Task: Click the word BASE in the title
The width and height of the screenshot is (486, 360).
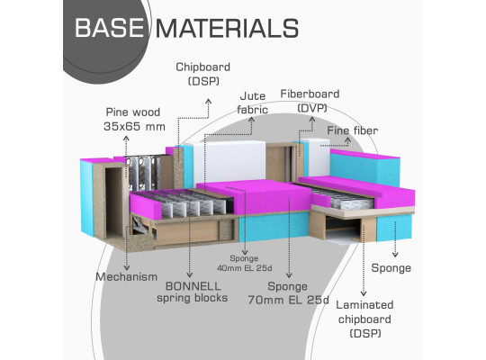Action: coord(110,28)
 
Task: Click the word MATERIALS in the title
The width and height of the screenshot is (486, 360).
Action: coord(227,28)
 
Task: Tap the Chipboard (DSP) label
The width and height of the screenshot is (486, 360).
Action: coord(203,74)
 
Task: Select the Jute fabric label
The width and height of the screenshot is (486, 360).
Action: coord(252,103)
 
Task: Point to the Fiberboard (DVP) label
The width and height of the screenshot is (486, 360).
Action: coord(310,101)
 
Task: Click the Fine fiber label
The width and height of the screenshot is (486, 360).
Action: coord(353,130)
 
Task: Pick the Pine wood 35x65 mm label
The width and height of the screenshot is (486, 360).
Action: coord(134,120)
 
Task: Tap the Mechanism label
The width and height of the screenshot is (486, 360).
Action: coord(127,276)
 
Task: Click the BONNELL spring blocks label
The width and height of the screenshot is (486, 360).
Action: coord(193,292)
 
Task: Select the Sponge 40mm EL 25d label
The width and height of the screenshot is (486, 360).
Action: coord(244,263)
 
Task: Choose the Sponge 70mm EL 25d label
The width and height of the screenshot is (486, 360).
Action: coord(288,293)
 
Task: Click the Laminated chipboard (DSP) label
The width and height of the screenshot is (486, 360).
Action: coord(364,319)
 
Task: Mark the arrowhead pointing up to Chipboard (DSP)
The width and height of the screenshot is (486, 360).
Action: coord(209,101)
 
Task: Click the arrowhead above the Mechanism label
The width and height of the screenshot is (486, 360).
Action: coord(127,267)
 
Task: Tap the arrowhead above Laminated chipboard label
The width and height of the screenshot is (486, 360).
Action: coord(364,293)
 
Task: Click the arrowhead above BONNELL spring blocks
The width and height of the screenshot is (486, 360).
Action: coord(189,274)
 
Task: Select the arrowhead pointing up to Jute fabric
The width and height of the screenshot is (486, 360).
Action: coord(252,119)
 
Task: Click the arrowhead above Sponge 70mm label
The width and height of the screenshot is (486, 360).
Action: coord(289,274)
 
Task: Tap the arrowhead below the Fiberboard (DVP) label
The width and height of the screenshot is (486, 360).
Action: coord(312,119)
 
